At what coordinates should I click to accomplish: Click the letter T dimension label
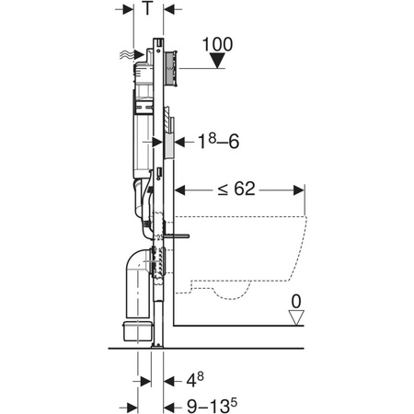pos(147,8)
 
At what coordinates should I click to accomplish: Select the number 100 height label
pos(218,44)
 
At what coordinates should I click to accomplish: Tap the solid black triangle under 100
pos(218,61)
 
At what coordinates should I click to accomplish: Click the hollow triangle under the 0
pos(296,317)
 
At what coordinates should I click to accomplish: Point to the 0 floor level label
pos(296,302)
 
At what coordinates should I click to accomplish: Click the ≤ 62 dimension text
pos(236,189)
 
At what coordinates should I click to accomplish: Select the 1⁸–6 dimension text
pos(218,142)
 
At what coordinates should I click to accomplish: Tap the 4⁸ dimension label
pos(195,380)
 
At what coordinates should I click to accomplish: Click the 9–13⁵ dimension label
pos(212,406)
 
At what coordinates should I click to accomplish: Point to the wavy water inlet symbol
pos(126,55)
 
